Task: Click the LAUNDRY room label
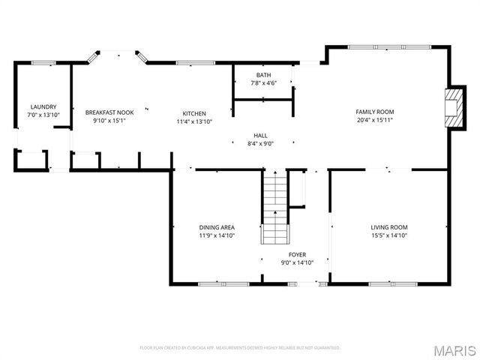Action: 43,107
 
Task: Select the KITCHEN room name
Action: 195,112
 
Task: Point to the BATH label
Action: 263,75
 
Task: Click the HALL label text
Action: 260,136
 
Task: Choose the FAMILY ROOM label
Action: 374,112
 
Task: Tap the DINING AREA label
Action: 217,227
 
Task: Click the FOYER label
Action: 297,255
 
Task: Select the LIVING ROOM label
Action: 388,227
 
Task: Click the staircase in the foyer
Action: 274,208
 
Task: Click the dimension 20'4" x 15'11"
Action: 374,121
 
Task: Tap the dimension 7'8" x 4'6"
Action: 263,83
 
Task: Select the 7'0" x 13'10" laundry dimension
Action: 43,115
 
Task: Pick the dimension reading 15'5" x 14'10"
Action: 388,235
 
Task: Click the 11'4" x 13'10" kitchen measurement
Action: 195,121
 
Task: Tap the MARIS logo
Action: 454,349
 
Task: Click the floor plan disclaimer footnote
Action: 240,348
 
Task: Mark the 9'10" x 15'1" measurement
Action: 109,121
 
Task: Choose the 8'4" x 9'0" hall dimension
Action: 260,144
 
